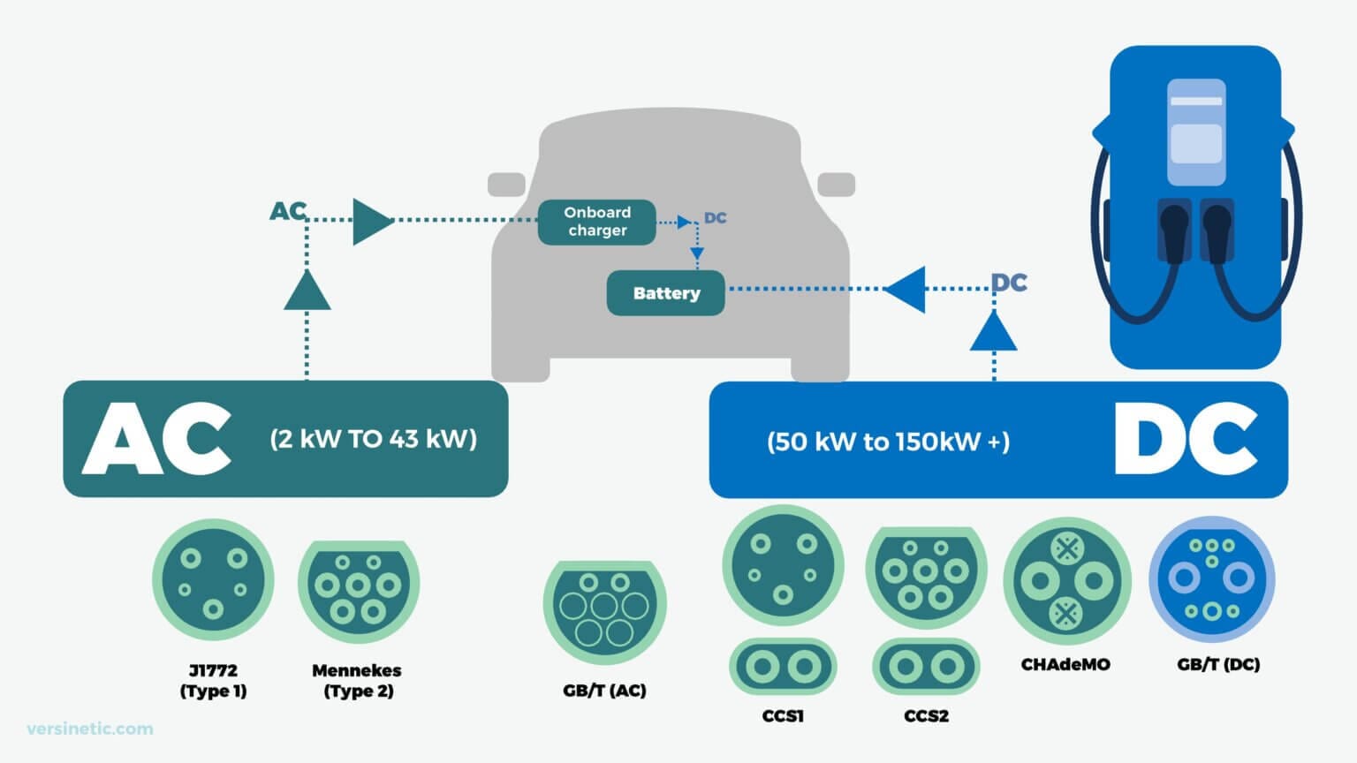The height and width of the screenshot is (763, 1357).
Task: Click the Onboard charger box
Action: tap(597, 222)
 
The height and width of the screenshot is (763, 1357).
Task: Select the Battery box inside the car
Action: tap(666, 293)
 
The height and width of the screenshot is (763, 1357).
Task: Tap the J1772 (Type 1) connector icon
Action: tap(213, 580)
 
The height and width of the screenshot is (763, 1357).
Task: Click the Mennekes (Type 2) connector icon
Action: tap(358, 585)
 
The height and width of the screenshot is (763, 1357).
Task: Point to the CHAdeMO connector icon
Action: tap(1066, 580)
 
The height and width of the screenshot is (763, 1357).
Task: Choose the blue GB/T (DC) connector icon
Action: tap(1212, 580)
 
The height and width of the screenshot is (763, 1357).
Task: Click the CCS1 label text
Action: tap(783, 716)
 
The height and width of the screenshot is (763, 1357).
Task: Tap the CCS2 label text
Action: tap(926, 716)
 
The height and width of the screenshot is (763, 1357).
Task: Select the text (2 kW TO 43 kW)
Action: tap(373, 438)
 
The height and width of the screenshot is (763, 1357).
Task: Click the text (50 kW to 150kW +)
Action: tap(888, 442)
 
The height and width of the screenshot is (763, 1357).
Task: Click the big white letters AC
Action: tap(157, 439)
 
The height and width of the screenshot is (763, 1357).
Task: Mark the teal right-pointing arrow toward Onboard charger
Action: tap(371, 221)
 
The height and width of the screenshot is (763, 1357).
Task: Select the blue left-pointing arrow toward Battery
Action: tap(906, 289)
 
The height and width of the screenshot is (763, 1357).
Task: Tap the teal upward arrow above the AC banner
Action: tap(307, 291)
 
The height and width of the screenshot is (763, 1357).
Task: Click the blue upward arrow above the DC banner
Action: tap(994, 332)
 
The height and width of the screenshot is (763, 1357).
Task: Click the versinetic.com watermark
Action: tap(90, 729)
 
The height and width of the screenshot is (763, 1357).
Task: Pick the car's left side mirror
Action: tap(506, 185)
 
